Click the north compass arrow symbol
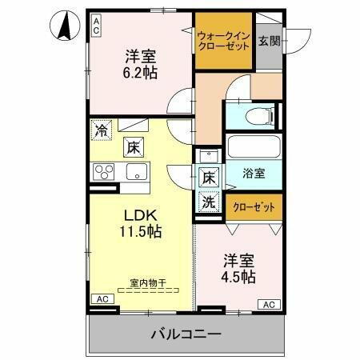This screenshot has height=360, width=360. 64,26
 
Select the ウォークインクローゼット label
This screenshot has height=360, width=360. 222,40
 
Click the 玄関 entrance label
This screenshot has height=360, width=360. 269,41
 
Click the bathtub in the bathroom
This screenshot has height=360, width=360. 253,147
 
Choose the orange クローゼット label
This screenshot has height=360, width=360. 253,206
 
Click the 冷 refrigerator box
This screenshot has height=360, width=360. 102,129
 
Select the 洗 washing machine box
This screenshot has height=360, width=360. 208,203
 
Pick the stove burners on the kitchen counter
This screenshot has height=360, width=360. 104,171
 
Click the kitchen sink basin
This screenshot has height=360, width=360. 133,171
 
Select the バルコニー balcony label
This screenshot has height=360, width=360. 184,333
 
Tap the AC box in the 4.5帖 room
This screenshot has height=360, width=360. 270,304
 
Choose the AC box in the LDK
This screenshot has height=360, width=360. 102,298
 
